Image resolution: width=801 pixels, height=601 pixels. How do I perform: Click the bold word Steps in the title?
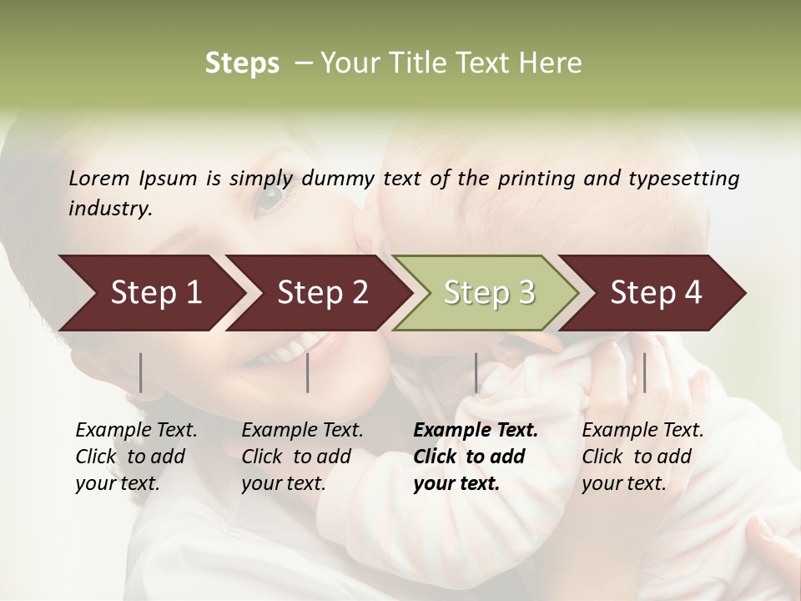242,63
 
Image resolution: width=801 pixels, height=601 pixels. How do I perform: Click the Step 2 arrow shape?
321,293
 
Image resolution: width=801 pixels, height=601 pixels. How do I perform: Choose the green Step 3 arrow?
488,293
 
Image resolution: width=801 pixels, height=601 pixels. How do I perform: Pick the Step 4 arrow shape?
655,293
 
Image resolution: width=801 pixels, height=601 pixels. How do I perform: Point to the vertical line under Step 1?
141,372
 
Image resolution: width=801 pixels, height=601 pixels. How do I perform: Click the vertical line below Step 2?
308,372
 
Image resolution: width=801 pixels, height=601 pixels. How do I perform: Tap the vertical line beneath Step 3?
476,372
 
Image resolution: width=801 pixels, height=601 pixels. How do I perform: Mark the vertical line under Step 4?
644,372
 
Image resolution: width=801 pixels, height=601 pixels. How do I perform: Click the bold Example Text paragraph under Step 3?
474,457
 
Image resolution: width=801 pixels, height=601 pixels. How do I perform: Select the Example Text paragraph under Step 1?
135,457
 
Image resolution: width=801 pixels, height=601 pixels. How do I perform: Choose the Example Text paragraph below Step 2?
301,457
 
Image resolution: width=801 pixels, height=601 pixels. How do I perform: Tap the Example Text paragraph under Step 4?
642,457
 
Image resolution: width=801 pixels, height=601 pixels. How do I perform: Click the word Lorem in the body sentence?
99,178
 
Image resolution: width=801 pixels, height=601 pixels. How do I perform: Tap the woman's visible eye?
269,199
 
